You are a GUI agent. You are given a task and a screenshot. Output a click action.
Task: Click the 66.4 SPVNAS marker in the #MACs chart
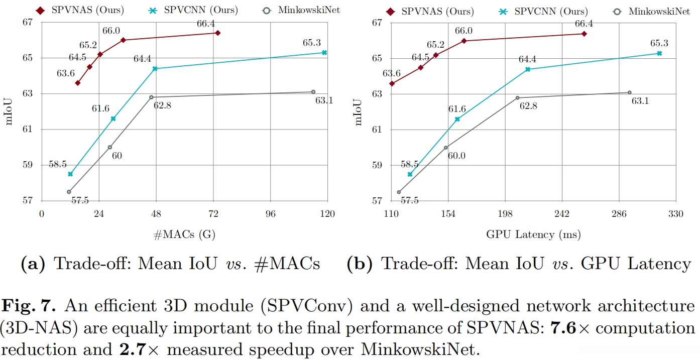(217, 33)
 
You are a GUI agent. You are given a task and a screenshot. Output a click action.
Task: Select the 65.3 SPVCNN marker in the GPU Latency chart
(659, 53)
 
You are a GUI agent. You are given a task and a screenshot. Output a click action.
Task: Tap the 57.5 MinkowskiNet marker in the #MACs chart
(69, 192)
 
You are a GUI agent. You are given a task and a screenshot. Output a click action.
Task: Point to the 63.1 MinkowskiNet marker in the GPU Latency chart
(629, 92)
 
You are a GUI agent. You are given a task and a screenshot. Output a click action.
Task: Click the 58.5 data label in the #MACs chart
(58, 164)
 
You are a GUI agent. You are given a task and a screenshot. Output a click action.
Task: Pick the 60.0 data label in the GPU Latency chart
(456, 156)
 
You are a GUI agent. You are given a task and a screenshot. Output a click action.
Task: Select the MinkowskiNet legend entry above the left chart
(308, 10)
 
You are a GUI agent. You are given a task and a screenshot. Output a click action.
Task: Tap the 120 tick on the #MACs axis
(327, 213)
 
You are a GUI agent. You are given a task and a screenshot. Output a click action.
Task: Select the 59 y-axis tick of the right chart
(377, 165)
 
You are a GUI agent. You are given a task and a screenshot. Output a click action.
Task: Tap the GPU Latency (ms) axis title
(533, 234)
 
